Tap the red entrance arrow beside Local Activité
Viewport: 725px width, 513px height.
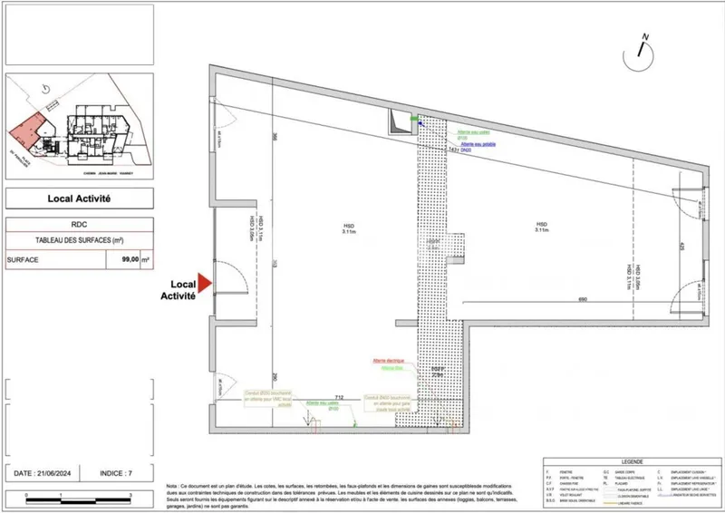coord(206,285)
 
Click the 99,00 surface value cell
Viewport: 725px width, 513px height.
coord(123,259)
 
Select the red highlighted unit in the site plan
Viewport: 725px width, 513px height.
coord(28,132)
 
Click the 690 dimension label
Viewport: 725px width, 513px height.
coord(571,299)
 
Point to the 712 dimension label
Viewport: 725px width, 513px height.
coord(339,397)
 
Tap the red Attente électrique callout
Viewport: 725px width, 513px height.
coord(387,361)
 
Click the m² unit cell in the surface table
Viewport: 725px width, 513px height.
coord(147,259)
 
